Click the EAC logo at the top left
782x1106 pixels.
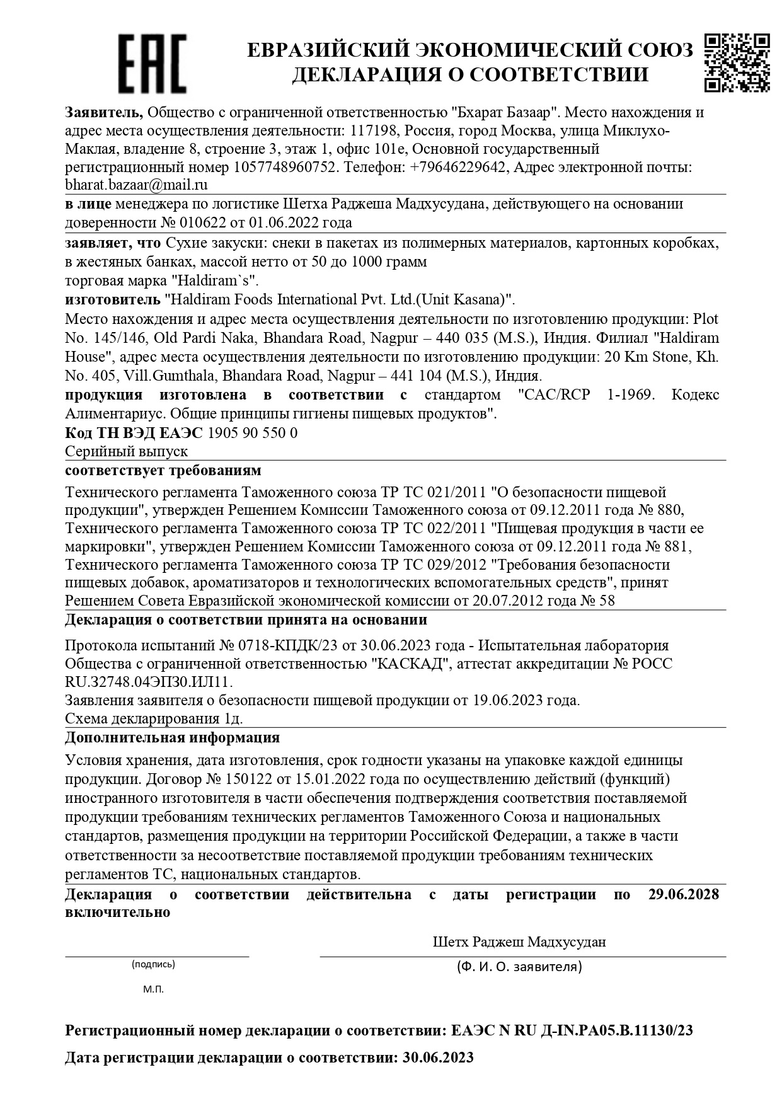(153, 63)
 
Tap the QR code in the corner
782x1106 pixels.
(737, 62)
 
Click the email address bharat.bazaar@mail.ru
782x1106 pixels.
(136, 185)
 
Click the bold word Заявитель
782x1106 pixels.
(105, 113)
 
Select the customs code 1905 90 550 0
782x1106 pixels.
(252, 433)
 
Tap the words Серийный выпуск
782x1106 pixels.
(127, 452)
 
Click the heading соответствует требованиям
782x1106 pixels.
(163, 471)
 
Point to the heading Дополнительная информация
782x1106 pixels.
(172, 737)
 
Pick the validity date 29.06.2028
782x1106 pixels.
(683, 894)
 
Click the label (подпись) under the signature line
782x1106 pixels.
(153, 964)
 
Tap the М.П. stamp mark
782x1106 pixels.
(153, 989)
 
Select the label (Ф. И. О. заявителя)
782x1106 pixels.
(519, 966)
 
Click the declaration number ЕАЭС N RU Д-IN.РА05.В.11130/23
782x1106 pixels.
(572, 1031)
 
